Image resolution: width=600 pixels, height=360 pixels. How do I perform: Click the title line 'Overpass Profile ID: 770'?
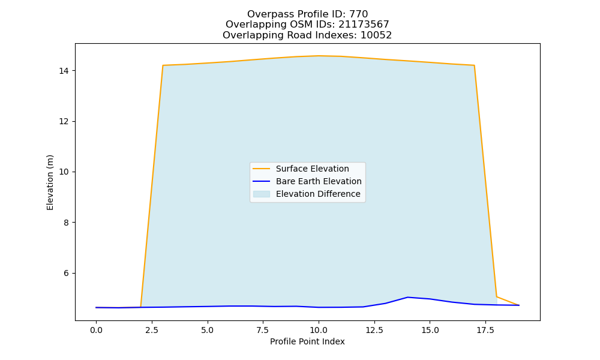(307, 14)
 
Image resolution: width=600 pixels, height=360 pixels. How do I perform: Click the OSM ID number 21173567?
(364, 25)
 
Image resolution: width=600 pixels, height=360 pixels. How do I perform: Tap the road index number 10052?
(376, 35)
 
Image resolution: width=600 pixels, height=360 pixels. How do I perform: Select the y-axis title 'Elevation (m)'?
(50, 182)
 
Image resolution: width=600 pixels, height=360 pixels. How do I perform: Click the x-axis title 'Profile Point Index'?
(307, 341)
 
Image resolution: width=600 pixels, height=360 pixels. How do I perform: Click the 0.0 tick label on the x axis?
(96, 330)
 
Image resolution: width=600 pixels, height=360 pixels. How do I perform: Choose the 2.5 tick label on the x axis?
(152, 330)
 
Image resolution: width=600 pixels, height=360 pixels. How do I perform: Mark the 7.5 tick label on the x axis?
(263, 330)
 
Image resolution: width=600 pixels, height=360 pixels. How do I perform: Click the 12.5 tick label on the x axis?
(374, 330)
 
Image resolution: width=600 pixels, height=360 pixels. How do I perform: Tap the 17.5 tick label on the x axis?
(485, 330)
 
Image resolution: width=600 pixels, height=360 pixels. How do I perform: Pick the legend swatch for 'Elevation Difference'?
(262, 194)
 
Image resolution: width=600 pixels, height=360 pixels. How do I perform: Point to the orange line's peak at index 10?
(319, 56)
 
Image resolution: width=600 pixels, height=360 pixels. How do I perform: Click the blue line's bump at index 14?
(407, 297)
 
